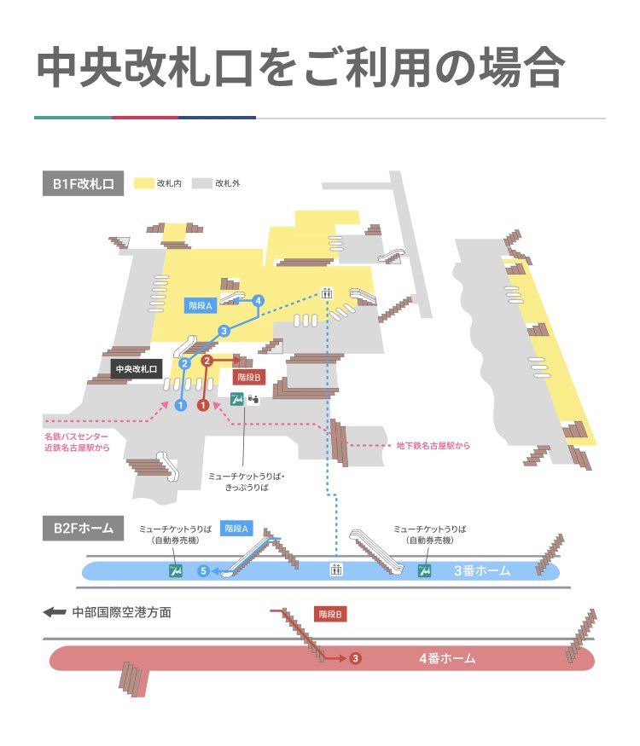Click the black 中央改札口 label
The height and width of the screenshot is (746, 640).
(137, 369)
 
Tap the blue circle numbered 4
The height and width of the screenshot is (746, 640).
(259, 300)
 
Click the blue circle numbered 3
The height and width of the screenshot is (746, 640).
(224, 331)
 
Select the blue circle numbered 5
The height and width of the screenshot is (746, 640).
(203, 570)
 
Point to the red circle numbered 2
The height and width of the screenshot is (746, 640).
(207, 361)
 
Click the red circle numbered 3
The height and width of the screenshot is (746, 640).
(356, 658)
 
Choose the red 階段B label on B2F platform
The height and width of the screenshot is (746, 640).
(330, 614)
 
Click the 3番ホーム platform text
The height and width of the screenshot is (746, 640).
(482, 570)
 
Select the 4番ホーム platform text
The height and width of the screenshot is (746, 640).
(447, 658)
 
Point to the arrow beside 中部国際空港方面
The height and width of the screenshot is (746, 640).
(55, 612)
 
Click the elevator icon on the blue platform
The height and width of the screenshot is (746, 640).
(337, 569)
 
